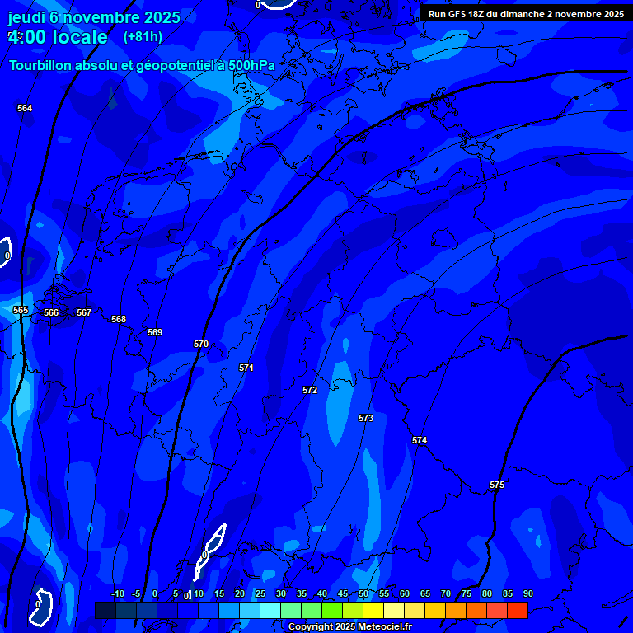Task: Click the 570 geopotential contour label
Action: point(201,344)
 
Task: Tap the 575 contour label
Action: point(497,485)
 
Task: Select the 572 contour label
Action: point(310,390)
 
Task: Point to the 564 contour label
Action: point(25,108)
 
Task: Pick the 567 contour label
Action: point(84,312)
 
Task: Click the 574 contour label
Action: point(420,441)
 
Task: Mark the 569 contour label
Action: point(155,332)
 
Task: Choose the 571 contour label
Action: point(246,368)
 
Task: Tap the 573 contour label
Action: point(366,418)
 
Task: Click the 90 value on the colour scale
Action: point(527,594)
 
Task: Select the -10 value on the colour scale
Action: point(117,594)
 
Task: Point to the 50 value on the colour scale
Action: point(363,594)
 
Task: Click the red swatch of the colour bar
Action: point(518,610)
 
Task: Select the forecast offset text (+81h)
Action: point(143,36)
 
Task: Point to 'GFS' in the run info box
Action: point(457,14)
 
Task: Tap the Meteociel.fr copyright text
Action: point(349,627)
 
